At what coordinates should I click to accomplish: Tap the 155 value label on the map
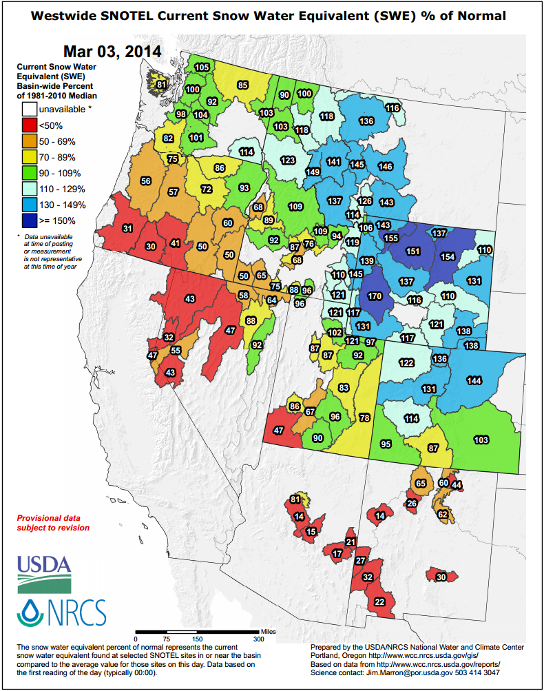391,238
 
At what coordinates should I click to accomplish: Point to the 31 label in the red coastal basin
127,228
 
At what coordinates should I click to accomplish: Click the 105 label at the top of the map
202,68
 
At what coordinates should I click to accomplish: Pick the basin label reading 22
379,601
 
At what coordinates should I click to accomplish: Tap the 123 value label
288,160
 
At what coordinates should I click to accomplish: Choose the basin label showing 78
364,418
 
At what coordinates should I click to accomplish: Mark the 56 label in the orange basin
145,181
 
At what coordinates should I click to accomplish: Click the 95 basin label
386,444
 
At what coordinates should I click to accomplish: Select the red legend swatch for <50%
29,125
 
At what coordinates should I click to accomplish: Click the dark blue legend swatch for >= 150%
29,220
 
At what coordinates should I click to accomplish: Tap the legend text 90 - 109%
60,173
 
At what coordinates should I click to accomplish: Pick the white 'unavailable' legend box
29,109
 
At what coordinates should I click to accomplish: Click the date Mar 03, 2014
112,52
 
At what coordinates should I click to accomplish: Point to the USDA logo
44,573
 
